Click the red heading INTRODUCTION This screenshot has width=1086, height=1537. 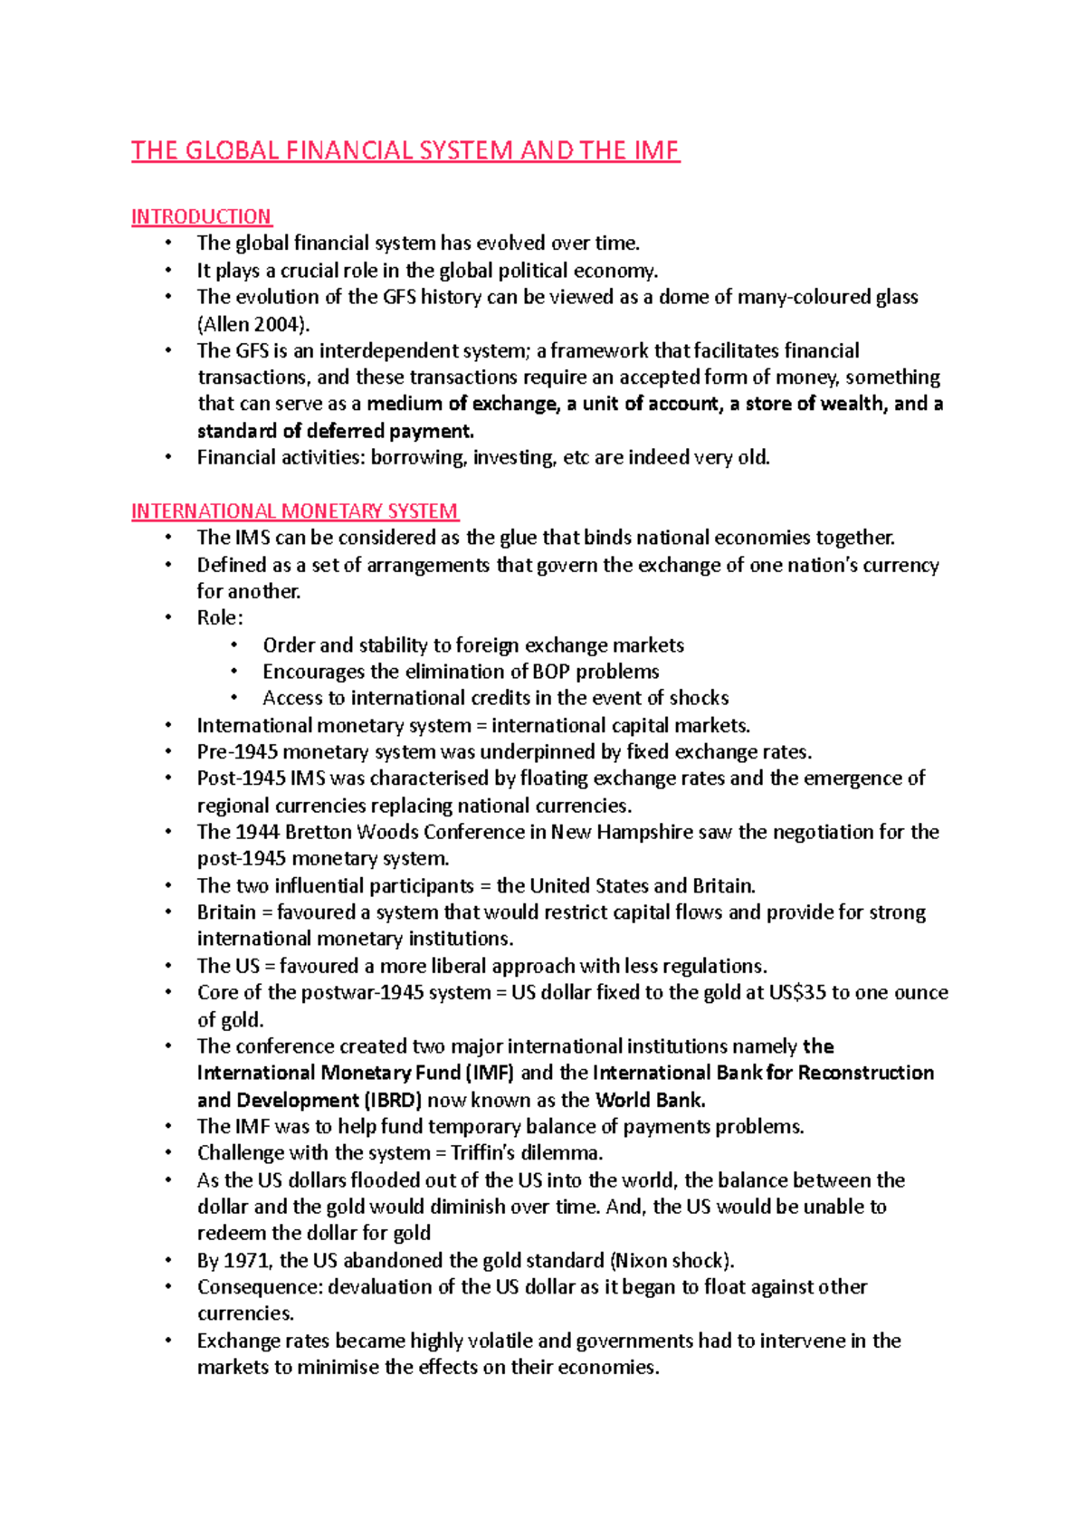coord(201,216)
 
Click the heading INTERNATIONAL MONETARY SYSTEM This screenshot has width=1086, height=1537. coord(295,511)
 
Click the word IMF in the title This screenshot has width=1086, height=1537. coord(655,150)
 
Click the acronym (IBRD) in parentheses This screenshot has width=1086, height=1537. coord(393,1101)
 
